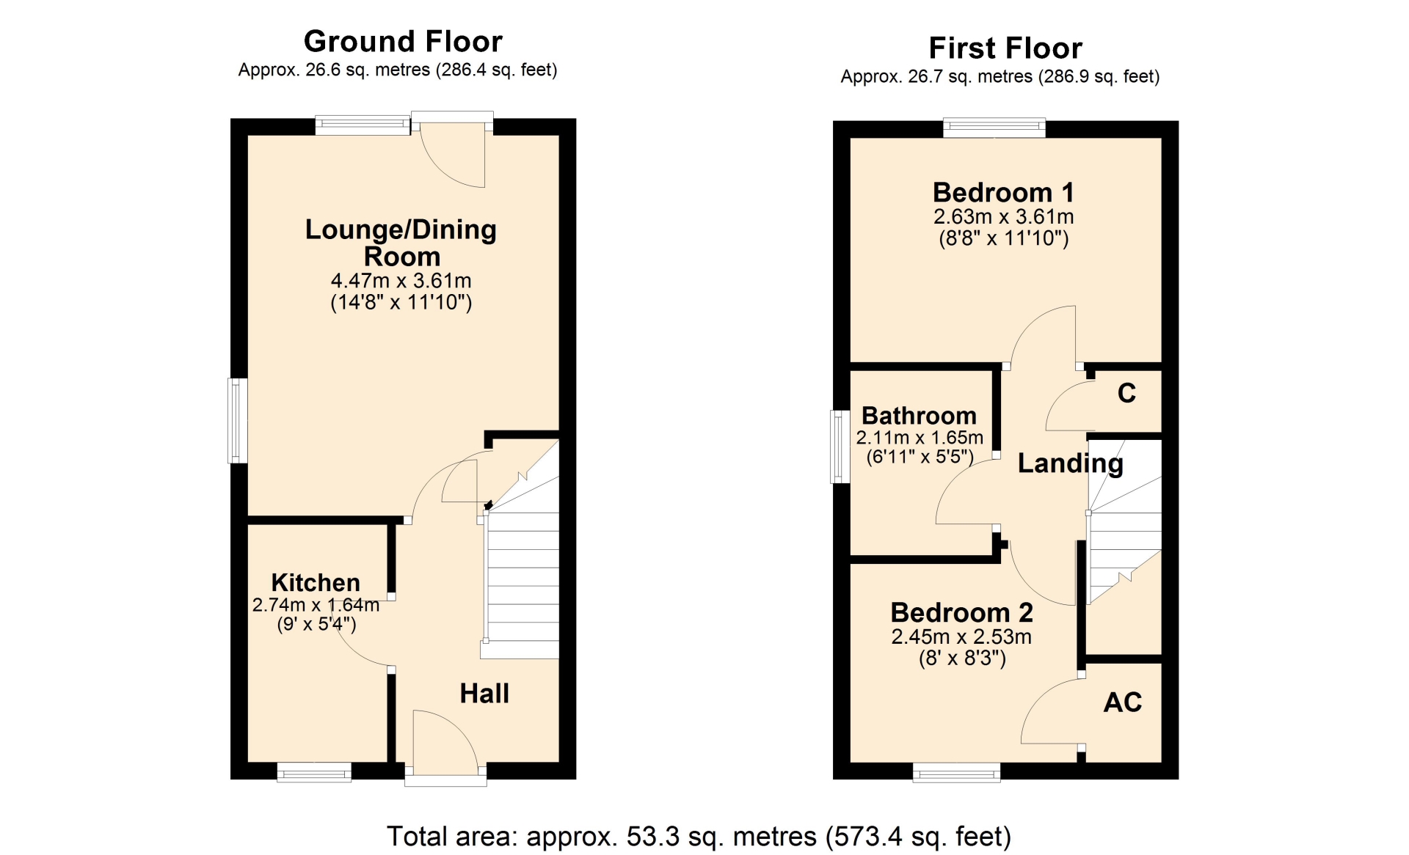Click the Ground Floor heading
[x=403, y=42]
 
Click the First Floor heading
[x=1005, y=48]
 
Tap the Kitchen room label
[x=316, y=582]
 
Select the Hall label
[x=484, y=693]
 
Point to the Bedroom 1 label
[x=1003, y=192]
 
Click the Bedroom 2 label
[x=961, y=612]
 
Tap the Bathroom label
[x=919, y=416]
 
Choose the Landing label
[x=1070, y=463]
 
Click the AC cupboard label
[x=1123, y=702]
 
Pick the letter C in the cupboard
[x=1126, y=393]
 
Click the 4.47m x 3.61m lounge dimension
[x=401, y=281]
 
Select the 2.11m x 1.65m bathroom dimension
[x=920, y=438]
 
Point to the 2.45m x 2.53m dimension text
[x=961, y=636]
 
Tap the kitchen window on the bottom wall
[x=314, y=772]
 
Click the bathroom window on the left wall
[x=840, y=447]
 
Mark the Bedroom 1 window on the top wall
[x=994, y=128]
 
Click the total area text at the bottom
[x=699, y=837]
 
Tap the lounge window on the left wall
[x=238, y=421]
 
